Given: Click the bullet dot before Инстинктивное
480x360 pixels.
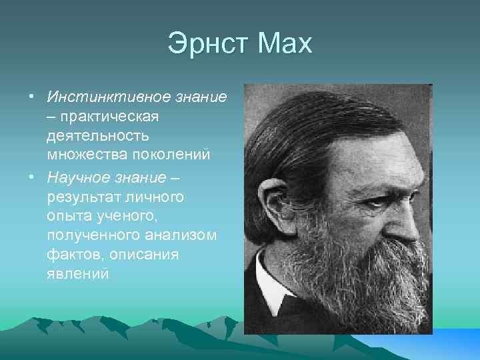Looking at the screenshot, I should pos(31,98).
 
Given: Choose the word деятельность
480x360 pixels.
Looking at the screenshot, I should pos(99,136).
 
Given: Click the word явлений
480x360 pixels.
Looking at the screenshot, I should pos(77,274).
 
